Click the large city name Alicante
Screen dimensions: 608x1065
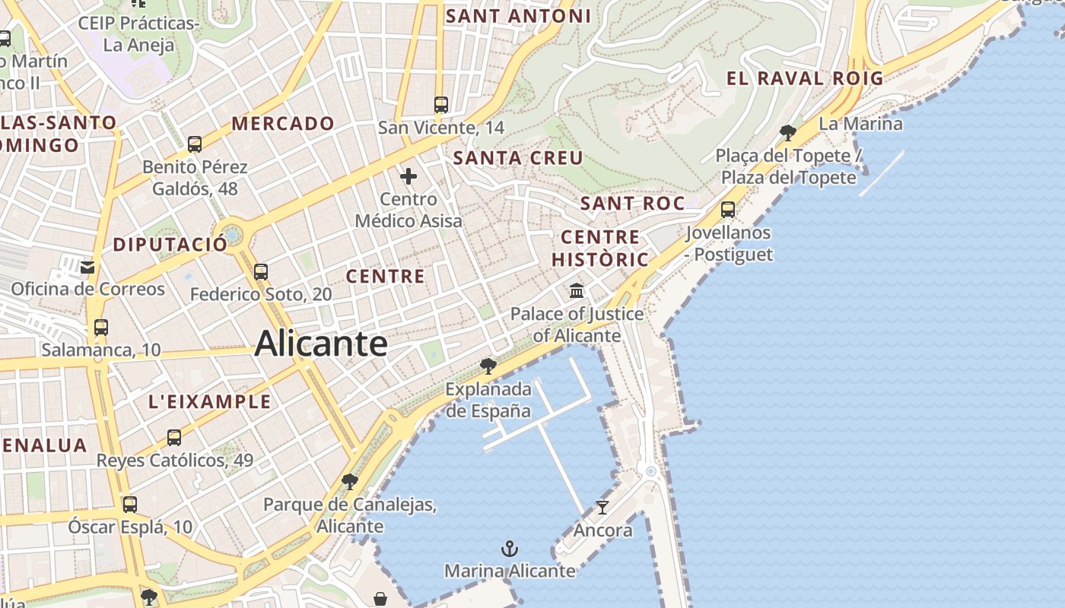point(321,344)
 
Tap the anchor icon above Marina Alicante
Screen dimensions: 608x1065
point(509,548)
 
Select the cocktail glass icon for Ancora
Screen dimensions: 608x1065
point(602,508)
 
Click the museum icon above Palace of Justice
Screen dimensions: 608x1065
point(577,290)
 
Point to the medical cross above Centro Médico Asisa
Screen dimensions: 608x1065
point(409,177)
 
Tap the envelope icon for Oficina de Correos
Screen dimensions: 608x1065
point(87,267)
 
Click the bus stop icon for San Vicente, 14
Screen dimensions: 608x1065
point(441,105)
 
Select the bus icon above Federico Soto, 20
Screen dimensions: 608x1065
point(261,271)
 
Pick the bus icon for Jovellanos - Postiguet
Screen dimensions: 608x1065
point(728,210)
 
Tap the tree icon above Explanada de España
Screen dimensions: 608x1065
point(488,366)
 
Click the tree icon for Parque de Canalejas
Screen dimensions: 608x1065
point(350,481)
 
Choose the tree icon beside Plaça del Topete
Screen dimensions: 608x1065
point(788,133)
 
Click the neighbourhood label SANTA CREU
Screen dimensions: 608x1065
point(518,158)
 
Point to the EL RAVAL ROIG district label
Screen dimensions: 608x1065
point(805,78)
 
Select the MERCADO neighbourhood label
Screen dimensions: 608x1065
point(283,123)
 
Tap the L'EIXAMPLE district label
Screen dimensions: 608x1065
point(210,401)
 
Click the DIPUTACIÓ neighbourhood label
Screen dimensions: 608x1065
point(170,244)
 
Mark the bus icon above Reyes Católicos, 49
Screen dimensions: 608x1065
point(174,438)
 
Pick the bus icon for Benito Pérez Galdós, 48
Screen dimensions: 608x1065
point(195,144)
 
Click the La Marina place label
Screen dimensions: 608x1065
point(860,123)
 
